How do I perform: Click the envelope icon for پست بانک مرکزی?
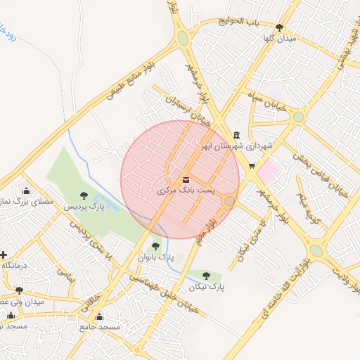point(186,179)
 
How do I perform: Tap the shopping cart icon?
point(252,166)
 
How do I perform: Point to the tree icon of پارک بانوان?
point(155,245)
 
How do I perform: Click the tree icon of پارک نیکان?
point(206,276)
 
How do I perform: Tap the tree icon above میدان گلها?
point(279,27)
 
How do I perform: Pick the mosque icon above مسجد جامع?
point(99,316)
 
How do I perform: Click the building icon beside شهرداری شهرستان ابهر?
point(236,135)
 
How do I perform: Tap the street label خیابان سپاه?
point(264,97)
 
